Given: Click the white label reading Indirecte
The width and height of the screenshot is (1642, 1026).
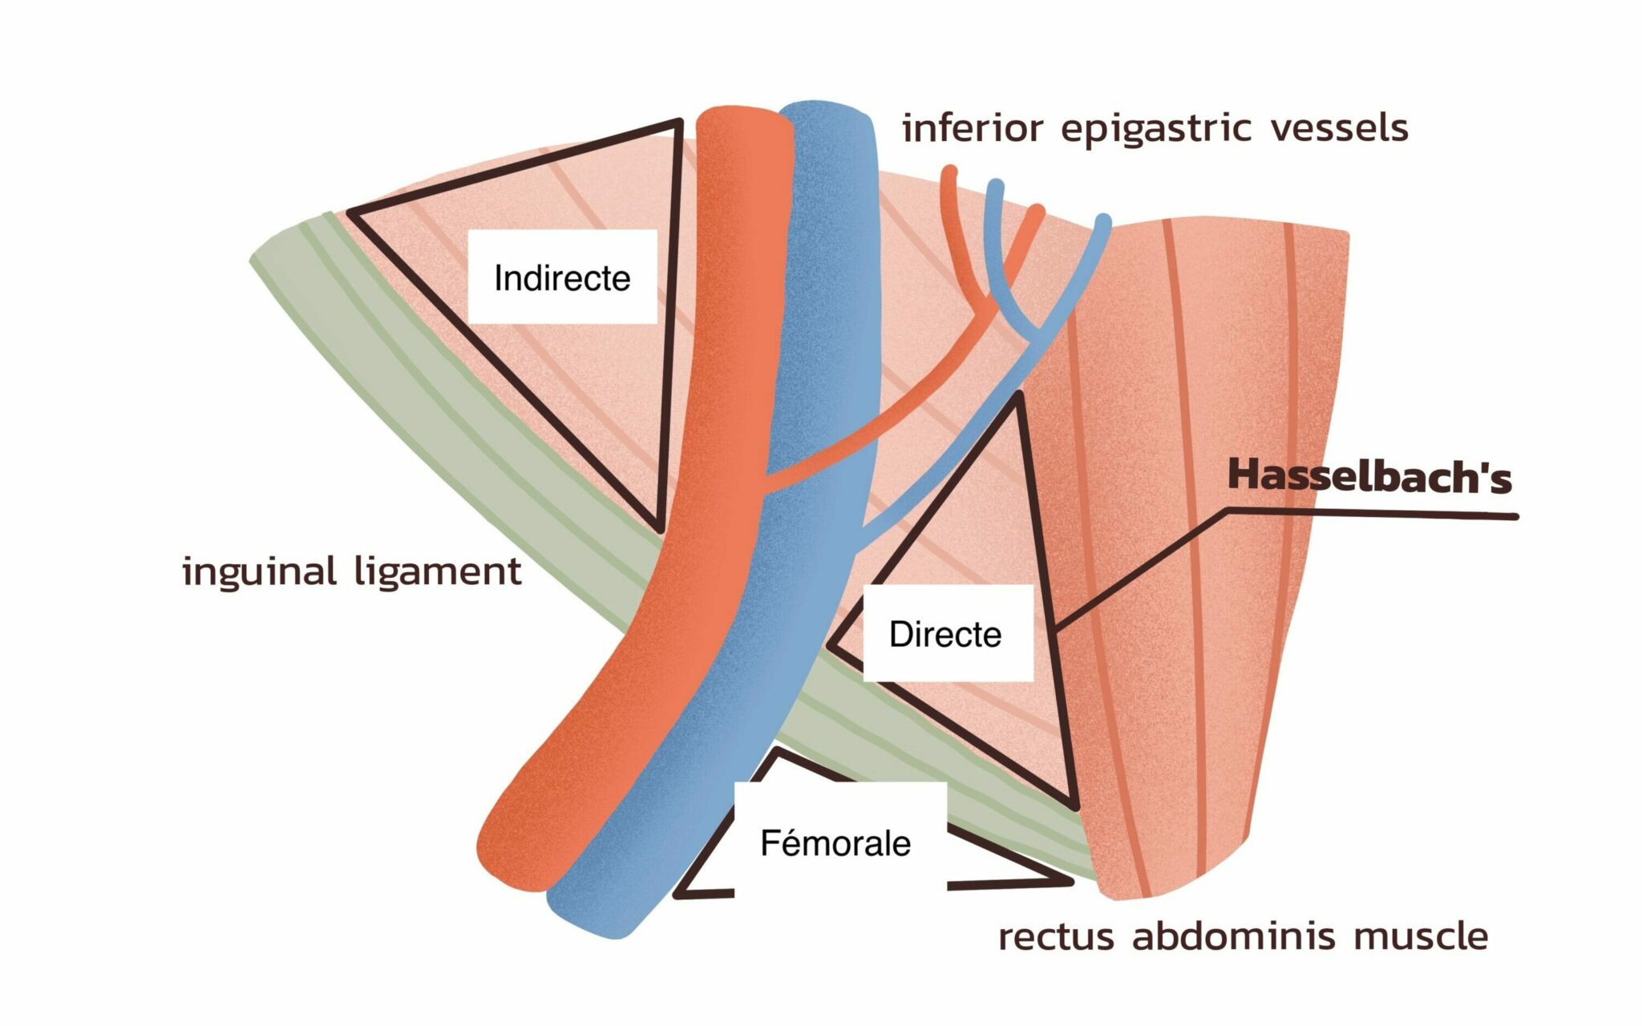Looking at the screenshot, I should click(562, 277).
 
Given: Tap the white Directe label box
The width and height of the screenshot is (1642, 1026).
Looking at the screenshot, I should click(946, 634).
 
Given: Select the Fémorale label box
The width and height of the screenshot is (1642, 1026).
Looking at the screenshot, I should click(836, 843).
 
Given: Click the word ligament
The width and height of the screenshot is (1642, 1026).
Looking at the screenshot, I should click(438, 572).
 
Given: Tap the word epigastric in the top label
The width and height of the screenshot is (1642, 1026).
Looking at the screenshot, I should click(1156, 129).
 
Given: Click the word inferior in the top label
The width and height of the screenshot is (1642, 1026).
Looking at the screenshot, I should click(973, 128).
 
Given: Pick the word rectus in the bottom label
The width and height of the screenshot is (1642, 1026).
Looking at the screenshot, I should click(1056, 936).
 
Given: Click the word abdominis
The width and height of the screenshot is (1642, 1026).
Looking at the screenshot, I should click(1233, 935).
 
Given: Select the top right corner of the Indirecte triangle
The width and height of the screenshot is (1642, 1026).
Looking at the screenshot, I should click(677, 124).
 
